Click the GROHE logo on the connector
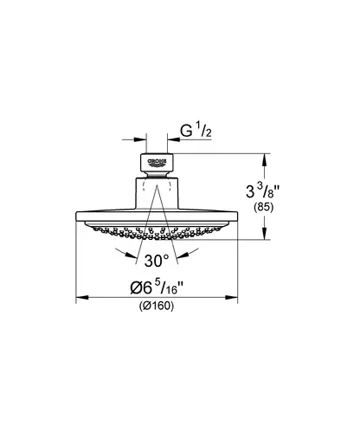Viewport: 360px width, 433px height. pos(157,163)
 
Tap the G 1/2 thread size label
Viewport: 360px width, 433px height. pos(196,131)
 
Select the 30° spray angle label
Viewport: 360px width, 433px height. pos(157,261)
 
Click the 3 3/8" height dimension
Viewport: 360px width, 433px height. pos(263,191)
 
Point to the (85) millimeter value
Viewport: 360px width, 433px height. pos(263,207)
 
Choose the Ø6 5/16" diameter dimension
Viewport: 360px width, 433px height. pos(157,288)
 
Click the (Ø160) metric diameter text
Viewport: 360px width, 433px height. pos(157,306)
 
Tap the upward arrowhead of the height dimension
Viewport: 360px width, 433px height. pos(265,159)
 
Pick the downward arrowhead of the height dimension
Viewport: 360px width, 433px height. pos(265,233)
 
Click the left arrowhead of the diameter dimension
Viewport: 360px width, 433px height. pos(82,297)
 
